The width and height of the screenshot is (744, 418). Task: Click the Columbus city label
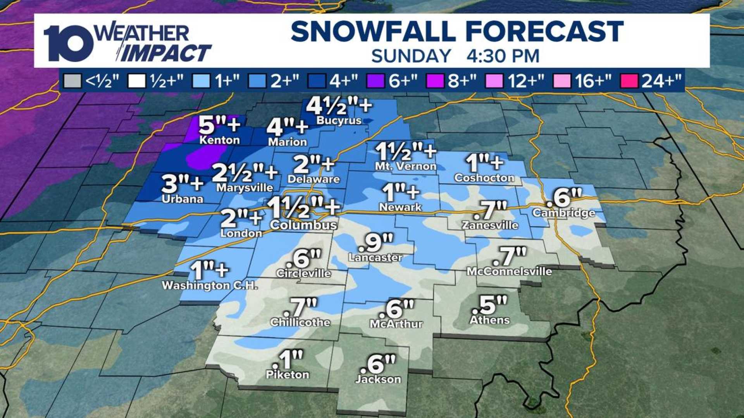click(x=303, y=225)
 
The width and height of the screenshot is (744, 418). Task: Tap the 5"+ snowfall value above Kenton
click(x=219, y=125)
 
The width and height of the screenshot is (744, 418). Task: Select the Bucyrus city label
click(x=339, y=120)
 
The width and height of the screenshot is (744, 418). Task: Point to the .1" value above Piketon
click(x=287, y=360)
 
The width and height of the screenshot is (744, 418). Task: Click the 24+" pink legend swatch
click(x=629, y=81)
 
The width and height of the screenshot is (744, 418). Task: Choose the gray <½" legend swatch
click(x=72, y=81)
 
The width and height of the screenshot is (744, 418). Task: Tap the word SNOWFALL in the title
click(x=373, y=32)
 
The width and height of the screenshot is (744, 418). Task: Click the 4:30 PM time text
click(x=503, y=56)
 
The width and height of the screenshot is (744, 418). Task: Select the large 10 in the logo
click(x=68, y=43)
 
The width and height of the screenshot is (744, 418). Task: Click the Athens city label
click(x=489, y=320)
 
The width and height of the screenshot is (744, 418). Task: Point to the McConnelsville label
click(x=509, y=271)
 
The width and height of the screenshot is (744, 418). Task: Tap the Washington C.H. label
click(x=209, y=286)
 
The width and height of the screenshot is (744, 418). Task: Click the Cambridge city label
click(x=563, y=213)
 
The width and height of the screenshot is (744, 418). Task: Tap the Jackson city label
click(x=378, y=379)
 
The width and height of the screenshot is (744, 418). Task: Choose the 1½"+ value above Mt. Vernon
click(x=405, y=151)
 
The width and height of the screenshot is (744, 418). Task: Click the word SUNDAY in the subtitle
click(x=411, y=56)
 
